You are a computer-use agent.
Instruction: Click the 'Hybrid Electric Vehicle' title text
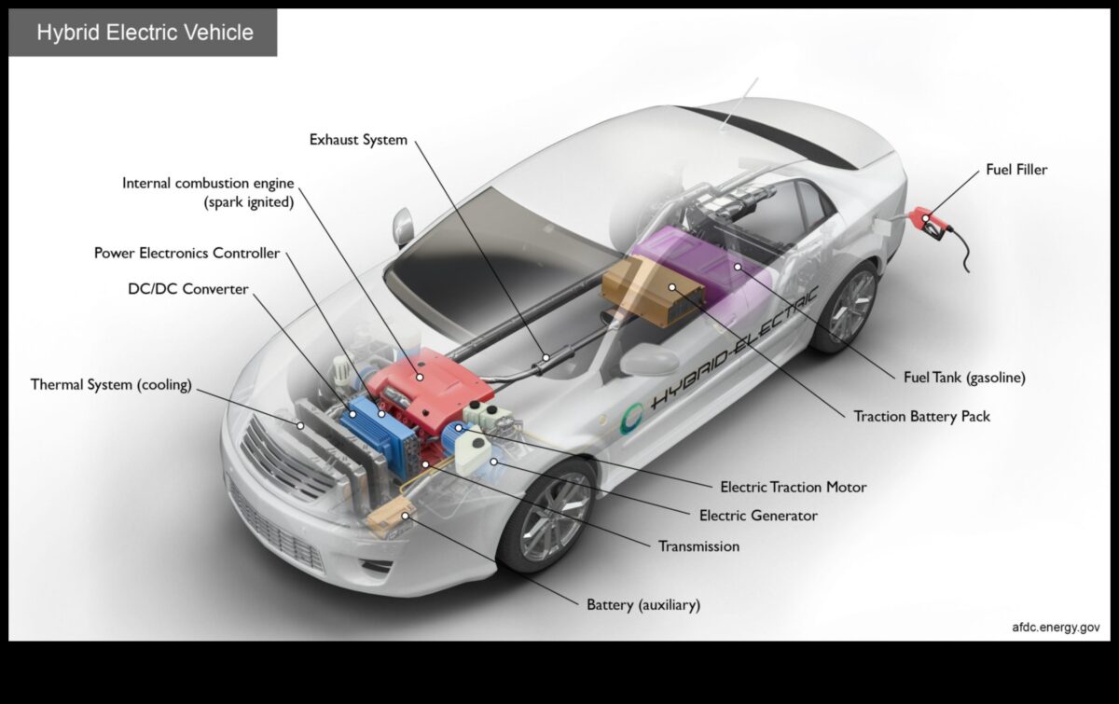click(x=145, y=33)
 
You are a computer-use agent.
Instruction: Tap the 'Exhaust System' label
click(x=358, y=140)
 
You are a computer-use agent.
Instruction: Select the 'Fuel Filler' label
click(x=1016, y=170)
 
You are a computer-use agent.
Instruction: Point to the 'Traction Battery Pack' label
click(x=921, y=416)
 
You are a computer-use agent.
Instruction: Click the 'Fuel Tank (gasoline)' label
click(x=964, y=378)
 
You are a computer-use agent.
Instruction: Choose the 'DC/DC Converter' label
click(x=188, y=289)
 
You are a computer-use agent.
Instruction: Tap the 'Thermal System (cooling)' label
click(x=111, y=384)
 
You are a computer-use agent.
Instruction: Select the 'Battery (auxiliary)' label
click(x=642, y=605)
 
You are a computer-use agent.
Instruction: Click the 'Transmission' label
click(x=698, y=546)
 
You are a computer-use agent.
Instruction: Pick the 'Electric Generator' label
click(x=758, y=516)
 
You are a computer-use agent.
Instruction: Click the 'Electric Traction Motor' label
click(x=793, y=487)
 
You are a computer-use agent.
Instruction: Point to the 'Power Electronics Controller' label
click(x=186, y=254)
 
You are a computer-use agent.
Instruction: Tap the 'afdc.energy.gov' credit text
click(x=1056, y=628)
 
